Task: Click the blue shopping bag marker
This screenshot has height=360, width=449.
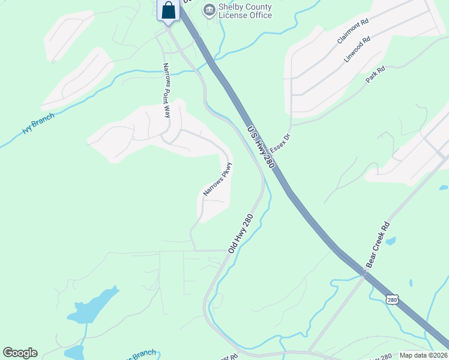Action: tap(169, 11)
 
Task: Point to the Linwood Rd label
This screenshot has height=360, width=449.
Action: tap(357, 48)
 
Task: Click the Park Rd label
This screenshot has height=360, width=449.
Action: tap(375, 75)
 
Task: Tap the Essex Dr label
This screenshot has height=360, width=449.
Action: tap(280, 143)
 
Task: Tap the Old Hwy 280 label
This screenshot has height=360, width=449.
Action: tap(240, 233)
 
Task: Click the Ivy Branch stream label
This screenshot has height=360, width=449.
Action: tap(38, 124)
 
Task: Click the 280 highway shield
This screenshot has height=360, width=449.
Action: tap(392, 299)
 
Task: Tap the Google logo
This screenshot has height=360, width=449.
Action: tap(20, 353)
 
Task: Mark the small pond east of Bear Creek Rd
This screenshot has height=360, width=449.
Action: tap(391, 241)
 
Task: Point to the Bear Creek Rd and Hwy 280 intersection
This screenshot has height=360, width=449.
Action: tap(364, 274)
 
